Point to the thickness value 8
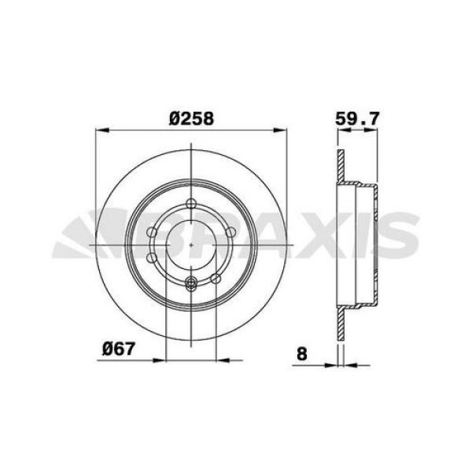[x=302, y=354]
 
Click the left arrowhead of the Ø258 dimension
[x=101, y=131]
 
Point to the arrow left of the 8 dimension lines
[x=331, y=364]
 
